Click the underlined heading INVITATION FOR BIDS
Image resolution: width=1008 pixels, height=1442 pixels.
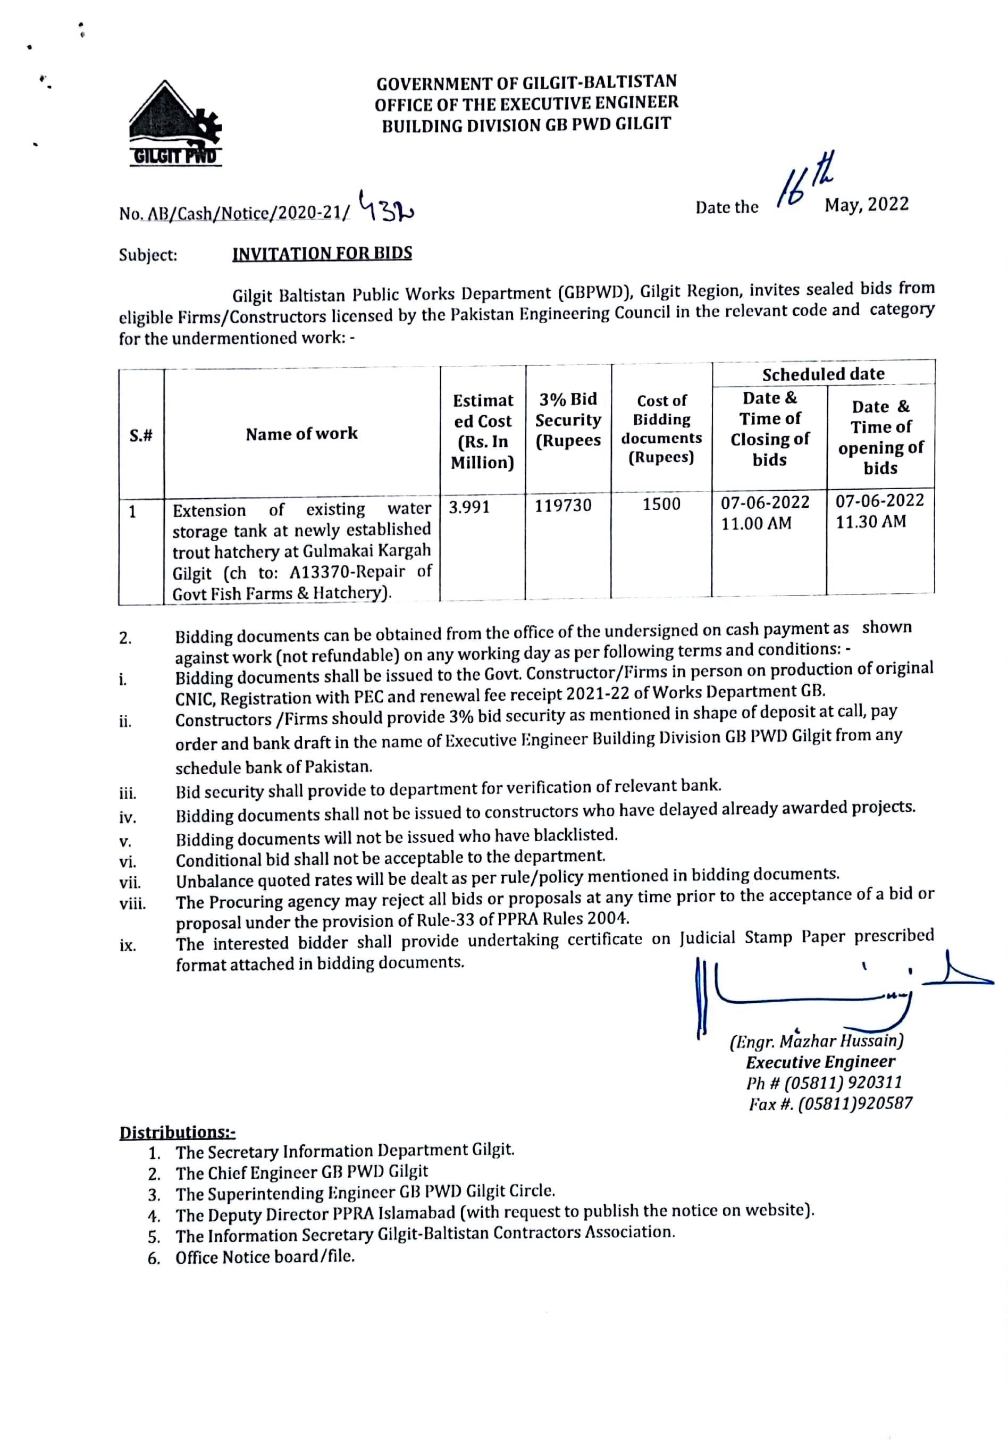pyautogui.click(x=322, y=254)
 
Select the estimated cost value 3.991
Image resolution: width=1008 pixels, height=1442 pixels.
pyautogui.click(x=468, y=506)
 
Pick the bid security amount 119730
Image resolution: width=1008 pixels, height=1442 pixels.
pyautogui.click(x=562, y=505)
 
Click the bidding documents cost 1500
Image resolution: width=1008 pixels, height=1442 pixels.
pyautogui.click(x=661, y=504)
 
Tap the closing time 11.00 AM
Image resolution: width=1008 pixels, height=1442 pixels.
pyautogui.click(x=755, y=523)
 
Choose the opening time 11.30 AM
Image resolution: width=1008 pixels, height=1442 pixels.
pyautogui.click(x=870, y=521)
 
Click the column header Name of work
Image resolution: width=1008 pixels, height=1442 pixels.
pyautogui.click(x=301, y=433)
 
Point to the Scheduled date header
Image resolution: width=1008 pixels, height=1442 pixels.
pyautogui.click(x=824, y=374)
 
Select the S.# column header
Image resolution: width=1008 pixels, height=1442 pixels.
pyautogui.click(x=141, y=434)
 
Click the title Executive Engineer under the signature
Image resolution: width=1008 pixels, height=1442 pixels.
pyautogui.click(x=820, y=1061)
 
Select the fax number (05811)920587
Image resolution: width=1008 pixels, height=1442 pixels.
pyautogui.click(x=855, y=1103)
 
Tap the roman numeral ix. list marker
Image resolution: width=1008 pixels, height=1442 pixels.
pyautogui.click(x=128, y=945)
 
